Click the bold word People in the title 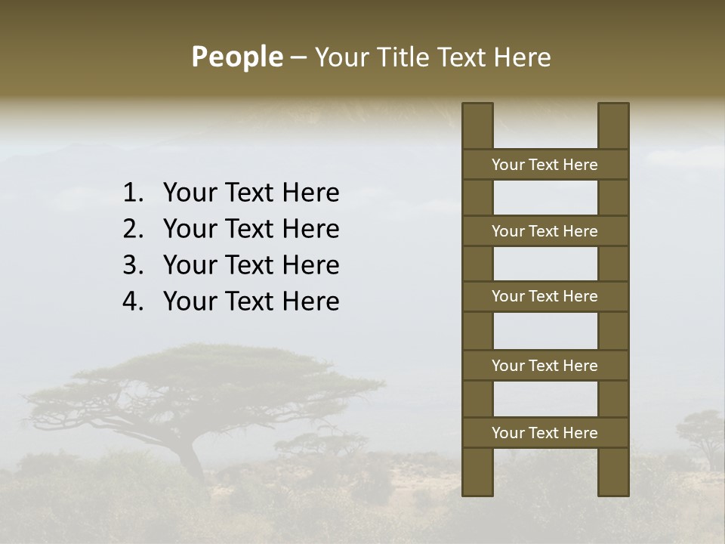(x=236, y=57)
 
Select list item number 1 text (x=251, y=193)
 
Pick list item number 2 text (x=251, y=229)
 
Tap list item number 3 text (x=251, y=265)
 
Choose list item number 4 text (x=251, y=301)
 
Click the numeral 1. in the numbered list (x=133, y=193)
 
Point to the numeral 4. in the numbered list (x=133, y=301)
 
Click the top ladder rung (x=545, y=165)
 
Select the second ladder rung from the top (x=545, y=231)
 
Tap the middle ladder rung (x=545, y=297)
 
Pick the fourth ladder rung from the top (x=545, y=366)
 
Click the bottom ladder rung (x=545, y=433)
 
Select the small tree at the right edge (x=701, y=431)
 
